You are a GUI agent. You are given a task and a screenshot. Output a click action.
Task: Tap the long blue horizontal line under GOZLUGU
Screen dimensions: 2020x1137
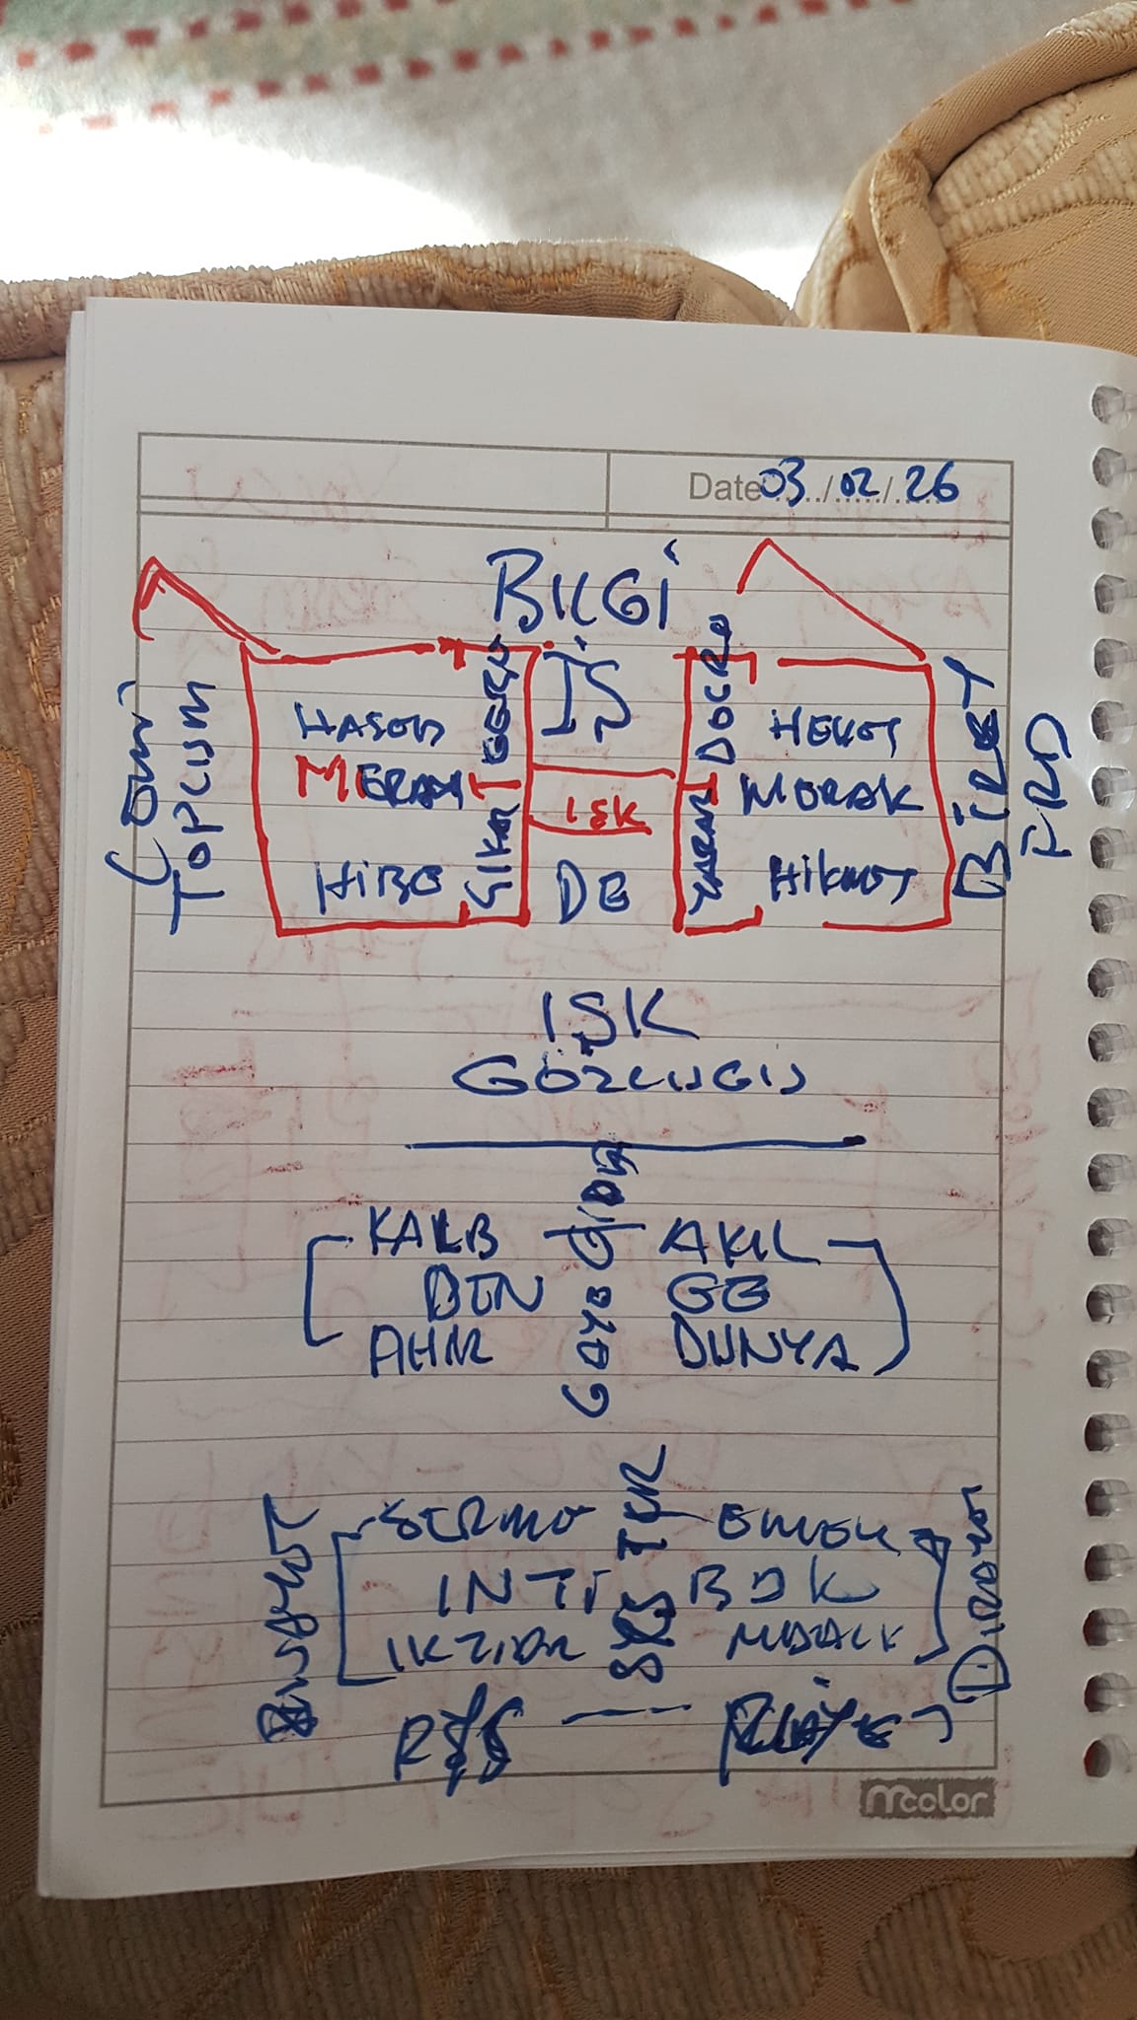coord(632,1144)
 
